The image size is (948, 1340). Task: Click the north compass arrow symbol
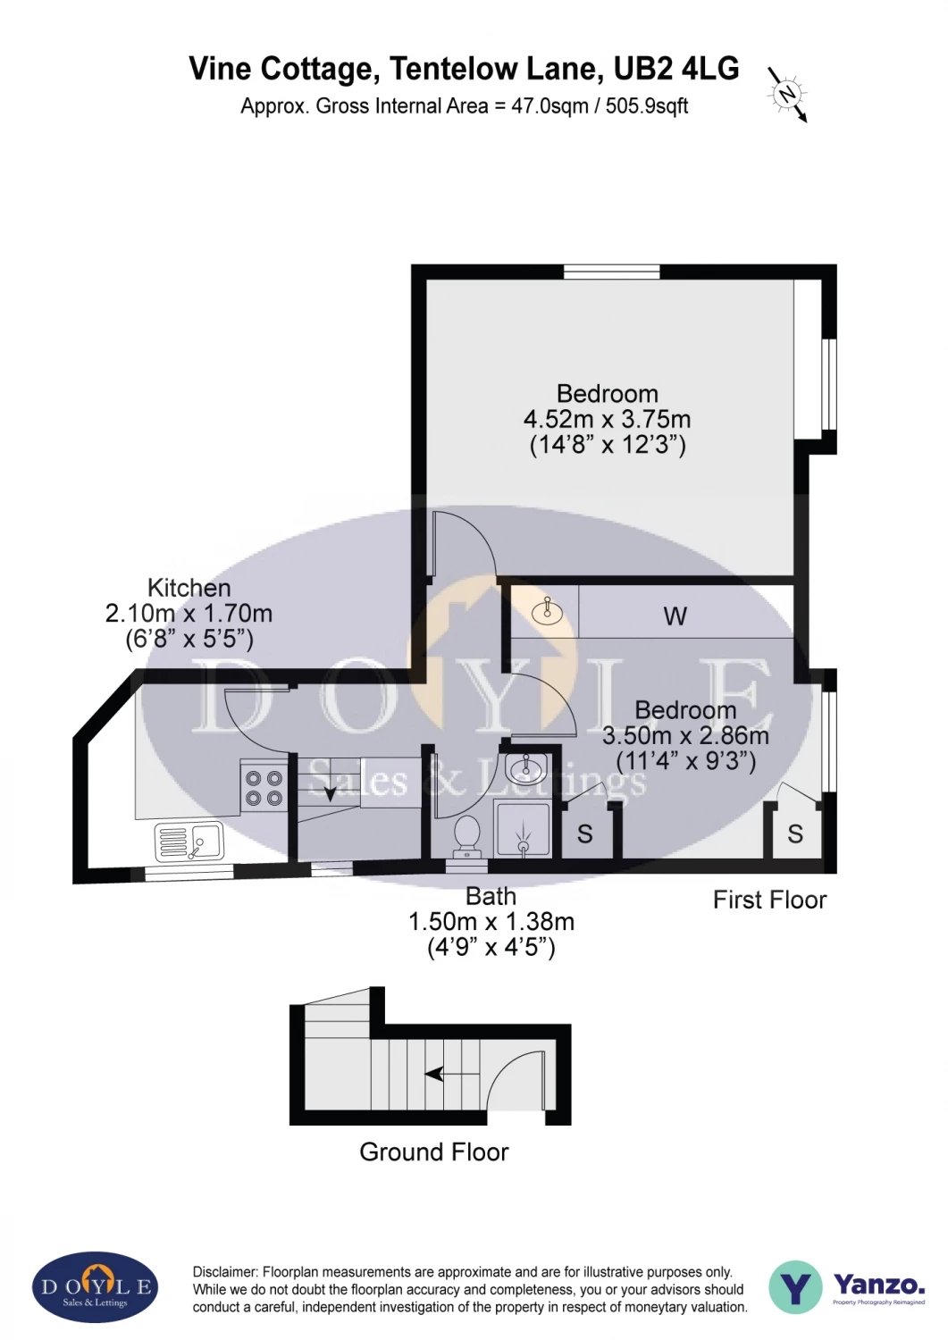pyautogui.click(x=787, y=93)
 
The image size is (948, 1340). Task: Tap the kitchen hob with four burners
pyautogui.click(x=264, y=788)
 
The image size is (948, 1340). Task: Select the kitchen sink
pyautogui.click(x=189, y=841)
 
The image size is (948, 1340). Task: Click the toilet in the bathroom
pyautogui.click(x=467, y=836)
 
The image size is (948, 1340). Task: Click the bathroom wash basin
pyautogui.click(x=525, y=766)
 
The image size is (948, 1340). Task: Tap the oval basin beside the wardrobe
pyautogui.click(x=547, y=611)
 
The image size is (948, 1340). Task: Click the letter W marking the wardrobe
pyautogui.click(x=675, y=616)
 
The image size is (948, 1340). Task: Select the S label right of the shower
pyautogui.click(x=584, y=834)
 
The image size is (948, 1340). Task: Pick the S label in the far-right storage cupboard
pyautogui.click(x=795, y=834)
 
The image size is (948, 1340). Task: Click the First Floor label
pyautogui.click(x=769, y=900)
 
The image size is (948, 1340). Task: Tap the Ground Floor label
pyautogui.click(x=433, y=1152)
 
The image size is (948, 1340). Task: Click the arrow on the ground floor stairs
pyautogui.click(x=435, y=1073)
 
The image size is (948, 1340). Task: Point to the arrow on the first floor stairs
pyautogui.click(x=330, y=791)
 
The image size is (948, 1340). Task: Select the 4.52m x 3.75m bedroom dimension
pyautogui.click(x=607, y=419)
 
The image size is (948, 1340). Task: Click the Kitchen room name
pyautogui.click(x=189, y=588)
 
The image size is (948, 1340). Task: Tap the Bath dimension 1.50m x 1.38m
pyautogui.click(x=491, y=922)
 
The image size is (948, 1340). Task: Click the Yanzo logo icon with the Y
pyautogui.click(x=795, y=1287)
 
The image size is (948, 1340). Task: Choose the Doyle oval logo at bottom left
pyautogui.click(x=96, y=1287)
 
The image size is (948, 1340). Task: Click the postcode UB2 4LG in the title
pyautogui.click(x=676, y=69)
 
